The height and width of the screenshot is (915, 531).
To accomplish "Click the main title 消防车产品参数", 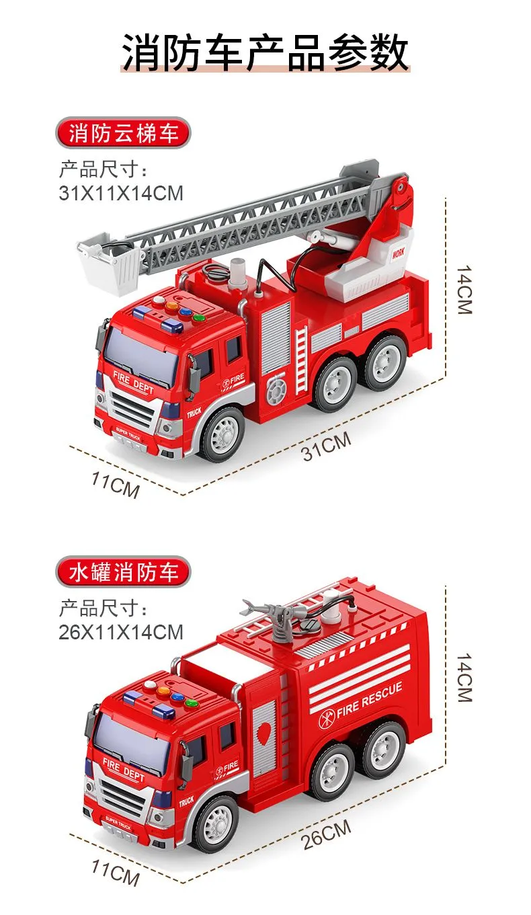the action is [x=265, y=52].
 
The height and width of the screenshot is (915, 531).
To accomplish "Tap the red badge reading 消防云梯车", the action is [x=124, y=132].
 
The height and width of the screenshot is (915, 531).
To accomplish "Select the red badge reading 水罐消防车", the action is [x=124, y=571].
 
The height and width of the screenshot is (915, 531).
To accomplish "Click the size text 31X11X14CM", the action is [x=121, y=193].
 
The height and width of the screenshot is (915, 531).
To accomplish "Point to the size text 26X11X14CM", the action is [x=121, y=632].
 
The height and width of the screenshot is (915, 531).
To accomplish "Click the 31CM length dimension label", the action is [x=327, y=446].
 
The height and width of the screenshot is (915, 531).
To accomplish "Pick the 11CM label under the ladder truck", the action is [x=115, y=485].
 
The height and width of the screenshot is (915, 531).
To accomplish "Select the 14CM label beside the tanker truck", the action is [x=464, y=678].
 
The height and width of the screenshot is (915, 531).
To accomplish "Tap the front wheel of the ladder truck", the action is [x=222, y=434].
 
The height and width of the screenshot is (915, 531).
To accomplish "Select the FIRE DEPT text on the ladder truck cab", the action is [x=133, y=383].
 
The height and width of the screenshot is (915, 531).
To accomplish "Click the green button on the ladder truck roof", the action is [x=199, y=317].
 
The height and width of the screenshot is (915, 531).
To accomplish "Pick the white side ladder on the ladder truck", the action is [x=301, y=360].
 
